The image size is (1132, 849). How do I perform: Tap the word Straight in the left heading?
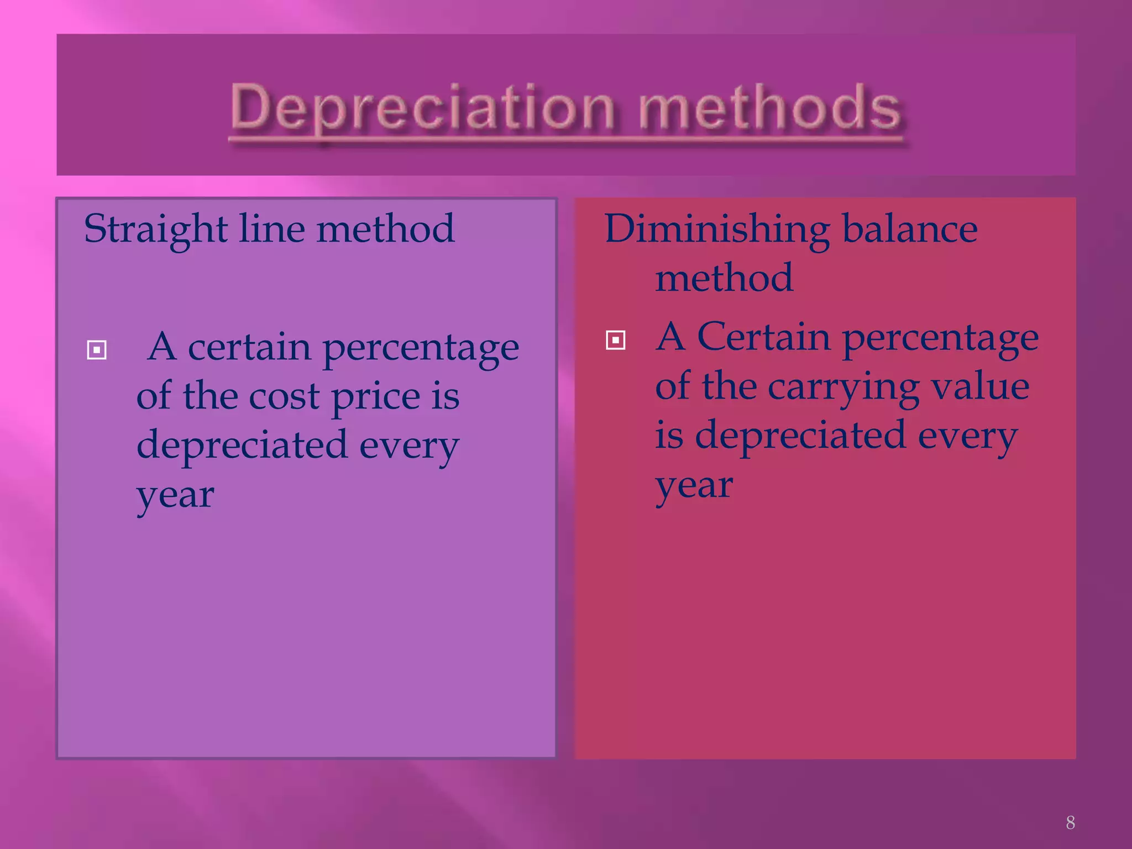point(155,229)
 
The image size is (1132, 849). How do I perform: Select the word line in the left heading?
point(271,228)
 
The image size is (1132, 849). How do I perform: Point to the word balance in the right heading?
point(910,228)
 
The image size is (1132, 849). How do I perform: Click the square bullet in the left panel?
point(97,350)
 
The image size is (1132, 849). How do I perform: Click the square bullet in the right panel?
point(615,340)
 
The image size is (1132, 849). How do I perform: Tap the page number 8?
point(1070,822)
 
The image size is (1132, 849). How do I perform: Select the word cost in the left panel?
point(284,397)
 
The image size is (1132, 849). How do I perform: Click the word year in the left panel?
point(175,495)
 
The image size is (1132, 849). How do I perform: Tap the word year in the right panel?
point(694,486)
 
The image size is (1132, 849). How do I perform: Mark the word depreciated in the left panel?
point(242,445)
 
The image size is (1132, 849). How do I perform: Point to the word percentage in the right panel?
point(940,338)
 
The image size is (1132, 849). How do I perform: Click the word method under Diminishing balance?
point(724,277)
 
